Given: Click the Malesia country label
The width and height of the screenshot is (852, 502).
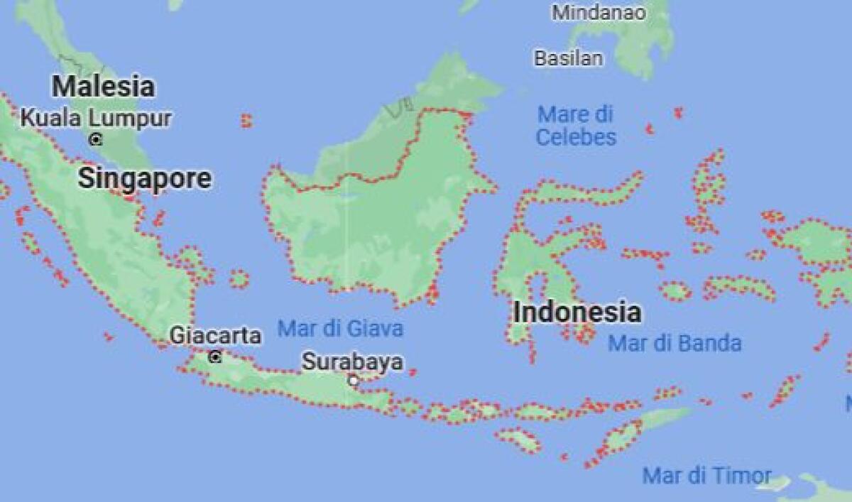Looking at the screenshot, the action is point(103,87).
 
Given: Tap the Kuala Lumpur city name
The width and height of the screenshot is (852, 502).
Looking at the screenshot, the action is point(96,118).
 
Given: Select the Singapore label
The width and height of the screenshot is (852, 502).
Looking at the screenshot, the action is point(144,179).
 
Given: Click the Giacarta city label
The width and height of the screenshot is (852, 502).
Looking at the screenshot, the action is point(215,336).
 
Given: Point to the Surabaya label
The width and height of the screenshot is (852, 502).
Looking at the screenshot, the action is point(352,362).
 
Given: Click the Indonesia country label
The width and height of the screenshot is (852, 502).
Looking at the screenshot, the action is point(577,312).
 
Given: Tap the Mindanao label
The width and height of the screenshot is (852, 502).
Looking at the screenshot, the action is point(599,13).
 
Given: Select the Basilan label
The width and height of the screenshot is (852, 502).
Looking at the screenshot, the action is point(568,58).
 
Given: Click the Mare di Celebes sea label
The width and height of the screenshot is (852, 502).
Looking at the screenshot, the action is point(576,126).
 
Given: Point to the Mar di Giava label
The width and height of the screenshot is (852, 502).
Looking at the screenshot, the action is point(340,329).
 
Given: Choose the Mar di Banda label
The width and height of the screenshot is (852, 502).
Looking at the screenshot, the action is point(674,344).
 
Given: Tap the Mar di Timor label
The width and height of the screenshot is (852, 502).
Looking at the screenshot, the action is point(706,476).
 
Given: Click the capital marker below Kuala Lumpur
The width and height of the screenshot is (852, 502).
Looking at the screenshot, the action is point(96,139).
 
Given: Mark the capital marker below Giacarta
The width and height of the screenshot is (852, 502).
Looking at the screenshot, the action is point(215,356).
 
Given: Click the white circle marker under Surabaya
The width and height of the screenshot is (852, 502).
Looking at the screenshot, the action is point(353,381).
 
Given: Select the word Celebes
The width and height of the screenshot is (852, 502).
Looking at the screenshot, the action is point(576,137).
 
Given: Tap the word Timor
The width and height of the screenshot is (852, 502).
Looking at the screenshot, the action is point(739,476).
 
